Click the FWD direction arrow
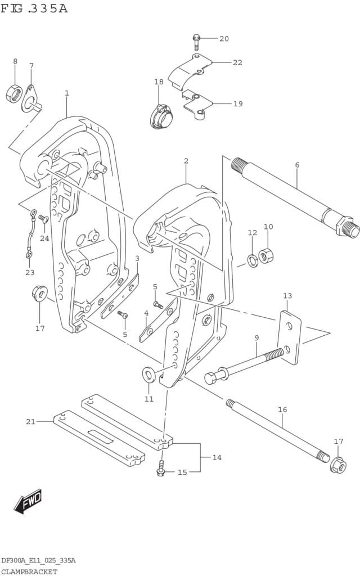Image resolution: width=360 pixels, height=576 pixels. point(28,501)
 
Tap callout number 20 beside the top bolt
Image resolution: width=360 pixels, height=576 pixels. point(224,39)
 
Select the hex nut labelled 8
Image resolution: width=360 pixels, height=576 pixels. point(14,94)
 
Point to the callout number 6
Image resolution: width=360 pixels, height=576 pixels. point(297,165)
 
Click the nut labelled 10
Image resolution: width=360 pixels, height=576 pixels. point(265,255)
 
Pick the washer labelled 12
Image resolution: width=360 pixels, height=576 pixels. point(253,261)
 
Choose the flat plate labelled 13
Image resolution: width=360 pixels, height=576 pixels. point(290,337)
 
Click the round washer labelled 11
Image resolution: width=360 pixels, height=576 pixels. point(148,374)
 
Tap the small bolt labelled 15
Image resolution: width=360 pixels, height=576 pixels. point(161,467)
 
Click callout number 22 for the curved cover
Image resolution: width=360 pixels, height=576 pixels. point(238,62)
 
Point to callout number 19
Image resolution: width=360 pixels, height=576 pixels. point(238,103)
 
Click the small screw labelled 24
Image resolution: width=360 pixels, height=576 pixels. point(44,219)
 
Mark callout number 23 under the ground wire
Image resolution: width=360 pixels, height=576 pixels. point(30,272)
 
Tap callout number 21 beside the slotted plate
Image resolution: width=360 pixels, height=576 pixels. point(30,421)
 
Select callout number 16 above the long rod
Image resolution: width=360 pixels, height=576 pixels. point(282,409)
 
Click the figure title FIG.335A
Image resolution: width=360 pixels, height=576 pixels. point(34,8)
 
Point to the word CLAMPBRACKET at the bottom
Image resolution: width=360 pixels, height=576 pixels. point(29,571)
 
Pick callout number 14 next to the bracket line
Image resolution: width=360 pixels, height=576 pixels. point(217,457)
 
